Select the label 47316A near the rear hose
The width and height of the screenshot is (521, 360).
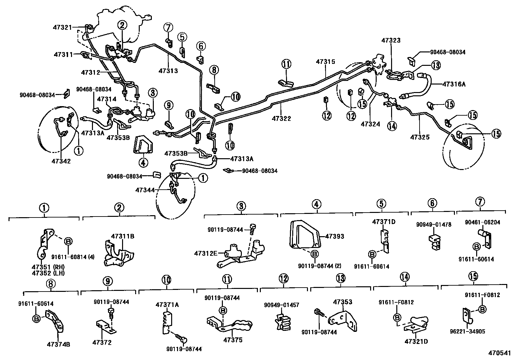tap(454, 84)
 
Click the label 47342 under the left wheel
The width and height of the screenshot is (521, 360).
tap(61, 161)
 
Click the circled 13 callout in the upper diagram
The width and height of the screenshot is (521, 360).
tap(436, 65)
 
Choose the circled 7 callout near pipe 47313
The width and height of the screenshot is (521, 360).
tap(168, 27)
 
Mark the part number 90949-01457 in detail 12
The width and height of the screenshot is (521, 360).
tap(281, 305)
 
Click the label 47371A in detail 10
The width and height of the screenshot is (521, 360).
tap(167, 305)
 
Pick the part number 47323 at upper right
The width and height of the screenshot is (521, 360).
tap(391, 40)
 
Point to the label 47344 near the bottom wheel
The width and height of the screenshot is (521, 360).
tap(145, 190)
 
